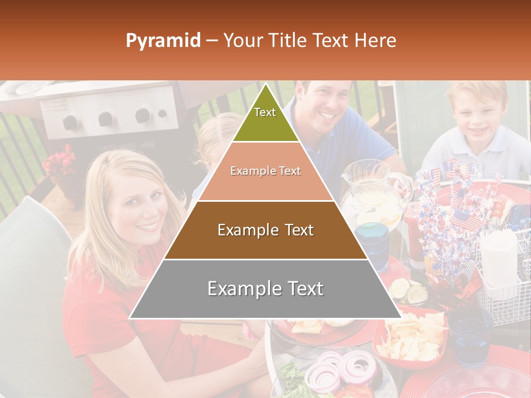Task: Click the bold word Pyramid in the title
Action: (x=163, y=41)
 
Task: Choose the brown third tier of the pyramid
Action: (x=265, y=230)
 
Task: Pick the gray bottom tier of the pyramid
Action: (x=265, y=289)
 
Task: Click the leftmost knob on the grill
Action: (x=70, y=122)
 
